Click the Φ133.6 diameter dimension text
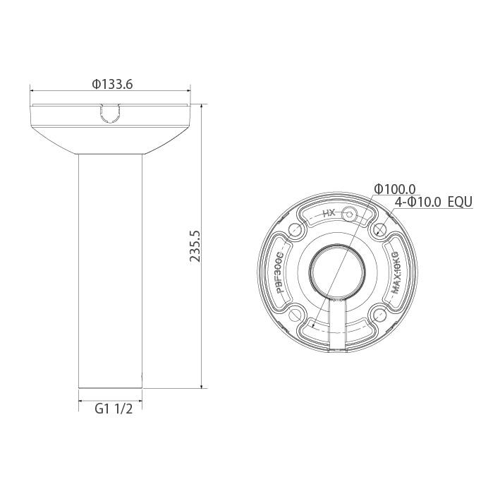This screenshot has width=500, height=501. click(112, 84)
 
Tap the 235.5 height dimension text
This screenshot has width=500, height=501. click(196, 246)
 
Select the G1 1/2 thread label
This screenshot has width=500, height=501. click(114, 409)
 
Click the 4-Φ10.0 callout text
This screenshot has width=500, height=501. click(418, 202)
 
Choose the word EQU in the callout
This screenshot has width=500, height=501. click(460, 202)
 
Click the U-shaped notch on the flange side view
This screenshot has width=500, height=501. click(110, 114)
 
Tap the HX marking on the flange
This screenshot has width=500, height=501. click(328, 212)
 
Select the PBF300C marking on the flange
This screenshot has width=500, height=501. click(280, 272)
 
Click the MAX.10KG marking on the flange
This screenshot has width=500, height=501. click(396, 272)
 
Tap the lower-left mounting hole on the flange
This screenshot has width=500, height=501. click(294, 315)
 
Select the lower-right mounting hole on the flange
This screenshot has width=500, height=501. click(381, 315)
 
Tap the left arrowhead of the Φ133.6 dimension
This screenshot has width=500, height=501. click(33, 90)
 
